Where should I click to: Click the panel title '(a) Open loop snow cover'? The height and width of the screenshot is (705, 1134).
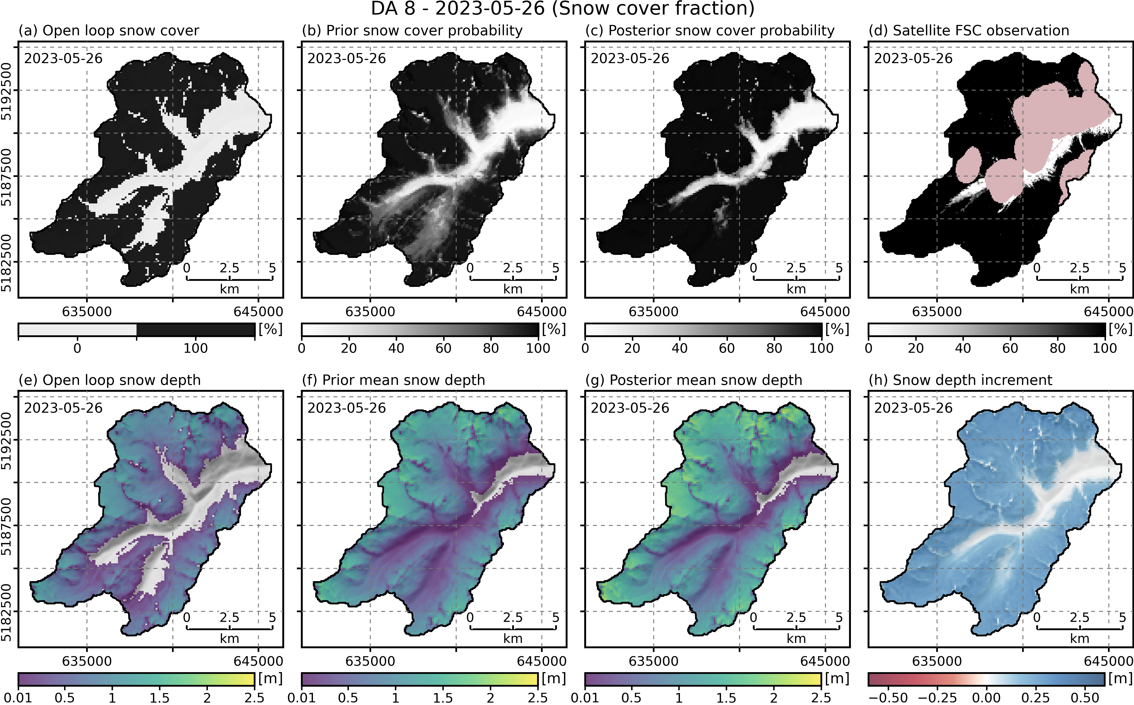click(x=109, y=31)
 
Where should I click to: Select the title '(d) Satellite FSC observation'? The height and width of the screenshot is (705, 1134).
click(x=969, y=31)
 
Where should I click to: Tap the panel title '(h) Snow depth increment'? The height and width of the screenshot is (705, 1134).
click(x=961, y=380)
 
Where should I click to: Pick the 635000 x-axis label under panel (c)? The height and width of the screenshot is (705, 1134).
click(x=654, y=311)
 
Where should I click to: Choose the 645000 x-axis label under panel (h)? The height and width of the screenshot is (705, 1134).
click(x=1108, y=661)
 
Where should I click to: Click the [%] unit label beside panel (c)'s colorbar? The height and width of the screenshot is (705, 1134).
click(x=837, y=329)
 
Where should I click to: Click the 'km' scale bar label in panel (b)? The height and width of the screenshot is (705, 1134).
click(x=513, y=289)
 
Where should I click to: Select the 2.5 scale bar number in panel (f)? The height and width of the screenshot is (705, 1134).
click(x=513, y=618)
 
